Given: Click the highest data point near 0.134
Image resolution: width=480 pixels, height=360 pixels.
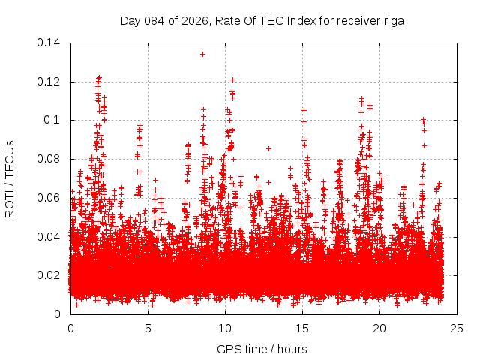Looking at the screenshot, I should [x=202, y=54].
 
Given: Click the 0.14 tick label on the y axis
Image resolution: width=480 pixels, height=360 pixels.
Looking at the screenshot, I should [x=51, y=43].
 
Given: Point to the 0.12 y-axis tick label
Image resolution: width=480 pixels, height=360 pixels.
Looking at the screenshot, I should [x=51, y=82].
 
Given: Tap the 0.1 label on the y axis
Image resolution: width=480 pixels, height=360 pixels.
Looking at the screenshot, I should [x=54, y=120].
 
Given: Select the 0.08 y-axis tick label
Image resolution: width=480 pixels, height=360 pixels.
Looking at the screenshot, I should [x=51, y=159].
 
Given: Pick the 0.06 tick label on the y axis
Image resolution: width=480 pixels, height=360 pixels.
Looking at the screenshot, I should [x=51, y=198].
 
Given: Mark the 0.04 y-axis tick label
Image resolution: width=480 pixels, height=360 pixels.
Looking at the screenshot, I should [x=51, y=237].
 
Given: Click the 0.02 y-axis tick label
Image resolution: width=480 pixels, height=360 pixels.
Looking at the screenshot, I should [x=51, y=275].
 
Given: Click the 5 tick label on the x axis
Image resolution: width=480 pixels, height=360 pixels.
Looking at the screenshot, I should [x=148, y=328].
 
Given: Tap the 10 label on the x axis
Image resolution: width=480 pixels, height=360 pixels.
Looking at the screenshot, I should [x=225, y=328].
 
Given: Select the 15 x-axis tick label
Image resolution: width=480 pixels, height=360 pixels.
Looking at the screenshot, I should [x=302, y=328].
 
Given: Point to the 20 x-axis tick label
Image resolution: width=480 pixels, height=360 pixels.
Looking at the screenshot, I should [x=379, y=328].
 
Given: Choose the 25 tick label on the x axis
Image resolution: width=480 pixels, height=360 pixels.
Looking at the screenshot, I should [x=457, y=328].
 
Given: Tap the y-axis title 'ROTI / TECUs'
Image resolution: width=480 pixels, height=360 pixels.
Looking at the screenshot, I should [x=10, y=178].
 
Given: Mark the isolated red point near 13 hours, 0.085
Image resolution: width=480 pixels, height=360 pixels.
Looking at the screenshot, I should [x=268, y=148].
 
